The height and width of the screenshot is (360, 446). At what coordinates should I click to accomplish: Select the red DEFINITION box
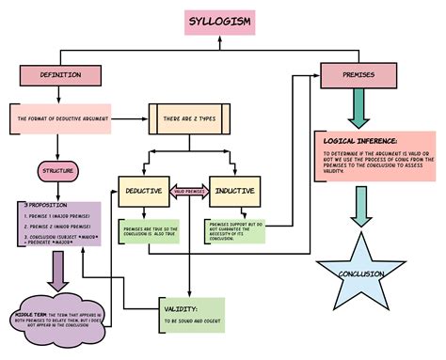point(59,74)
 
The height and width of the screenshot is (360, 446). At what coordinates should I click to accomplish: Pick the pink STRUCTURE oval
point(58,171)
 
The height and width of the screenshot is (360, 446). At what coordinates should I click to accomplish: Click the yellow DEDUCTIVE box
point(143,191)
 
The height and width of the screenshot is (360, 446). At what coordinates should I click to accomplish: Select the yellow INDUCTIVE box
point(235,191)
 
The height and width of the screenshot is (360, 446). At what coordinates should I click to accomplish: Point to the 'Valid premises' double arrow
point(189,191)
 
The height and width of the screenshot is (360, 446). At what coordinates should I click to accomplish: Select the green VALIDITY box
point(193,315)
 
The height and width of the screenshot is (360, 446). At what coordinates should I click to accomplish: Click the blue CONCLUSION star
point(362,274)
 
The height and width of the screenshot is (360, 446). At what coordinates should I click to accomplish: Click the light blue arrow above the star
point(360,205)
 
